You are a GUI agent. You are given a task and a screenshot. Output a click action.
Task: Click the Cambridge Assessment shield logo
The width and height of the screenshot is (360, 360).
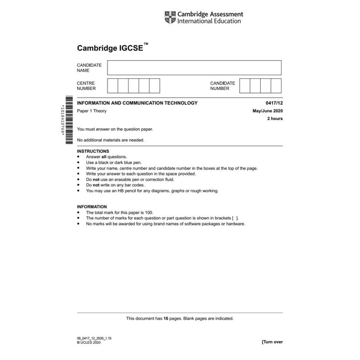(170, 17)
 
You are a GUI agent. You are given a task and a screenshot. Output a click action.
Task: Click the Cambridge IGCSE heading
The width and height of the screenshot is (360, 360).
(111, 49)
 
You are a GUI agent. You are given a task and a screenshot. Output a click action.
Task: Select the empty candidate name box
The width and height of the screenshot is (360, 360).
(194, 68)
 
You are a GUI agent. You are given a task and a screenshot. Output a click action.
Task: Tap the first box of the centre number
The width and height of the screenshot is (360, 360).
(113, 85)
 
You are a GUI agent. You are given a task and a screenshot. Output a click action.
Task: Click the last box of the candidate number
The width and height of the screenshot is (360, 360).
(276, 85)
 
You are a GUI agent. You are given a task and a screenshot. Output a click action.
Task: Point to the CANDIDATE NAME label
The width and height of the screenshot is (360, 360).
(89, 68)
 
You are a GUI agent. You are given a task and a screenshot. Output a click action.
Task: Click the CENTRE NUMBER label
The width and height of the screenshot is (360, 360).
(86, 85)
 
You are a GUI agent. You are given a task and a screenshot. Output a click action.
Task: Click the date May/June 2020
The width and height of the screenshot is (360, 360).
(267, 111)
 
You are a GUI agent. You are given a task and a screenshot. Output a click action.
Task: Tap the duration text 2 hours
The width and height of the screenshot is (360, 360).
(275, 119)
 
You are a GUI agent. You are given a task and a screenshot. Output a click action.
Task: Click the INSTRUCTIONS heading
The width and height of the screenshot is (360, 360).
(93, 151)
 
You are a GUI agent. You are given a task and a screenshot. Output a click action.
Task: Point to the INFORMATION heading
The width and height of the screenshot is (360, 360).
(92, 207)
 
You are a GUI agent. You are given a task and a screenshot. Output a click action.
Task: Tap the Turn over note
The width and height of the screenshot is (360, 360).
(272, 341)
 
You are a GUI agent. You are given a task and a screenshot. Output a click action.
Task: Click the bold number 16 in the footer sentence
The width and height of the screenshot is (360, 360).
(165, 318)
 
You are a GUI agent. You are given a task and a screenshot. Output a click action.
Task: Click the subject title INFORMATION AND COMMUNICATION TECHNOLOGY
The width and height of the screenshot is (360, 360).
(137, 103)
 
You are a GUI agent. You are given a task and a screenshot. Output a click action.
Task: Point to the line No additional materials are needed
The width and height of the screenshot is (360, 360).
(111, 140)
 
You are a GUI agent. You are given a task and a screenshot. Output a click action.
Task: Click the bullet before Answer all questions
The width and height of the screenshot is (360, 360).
(78, 157)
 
